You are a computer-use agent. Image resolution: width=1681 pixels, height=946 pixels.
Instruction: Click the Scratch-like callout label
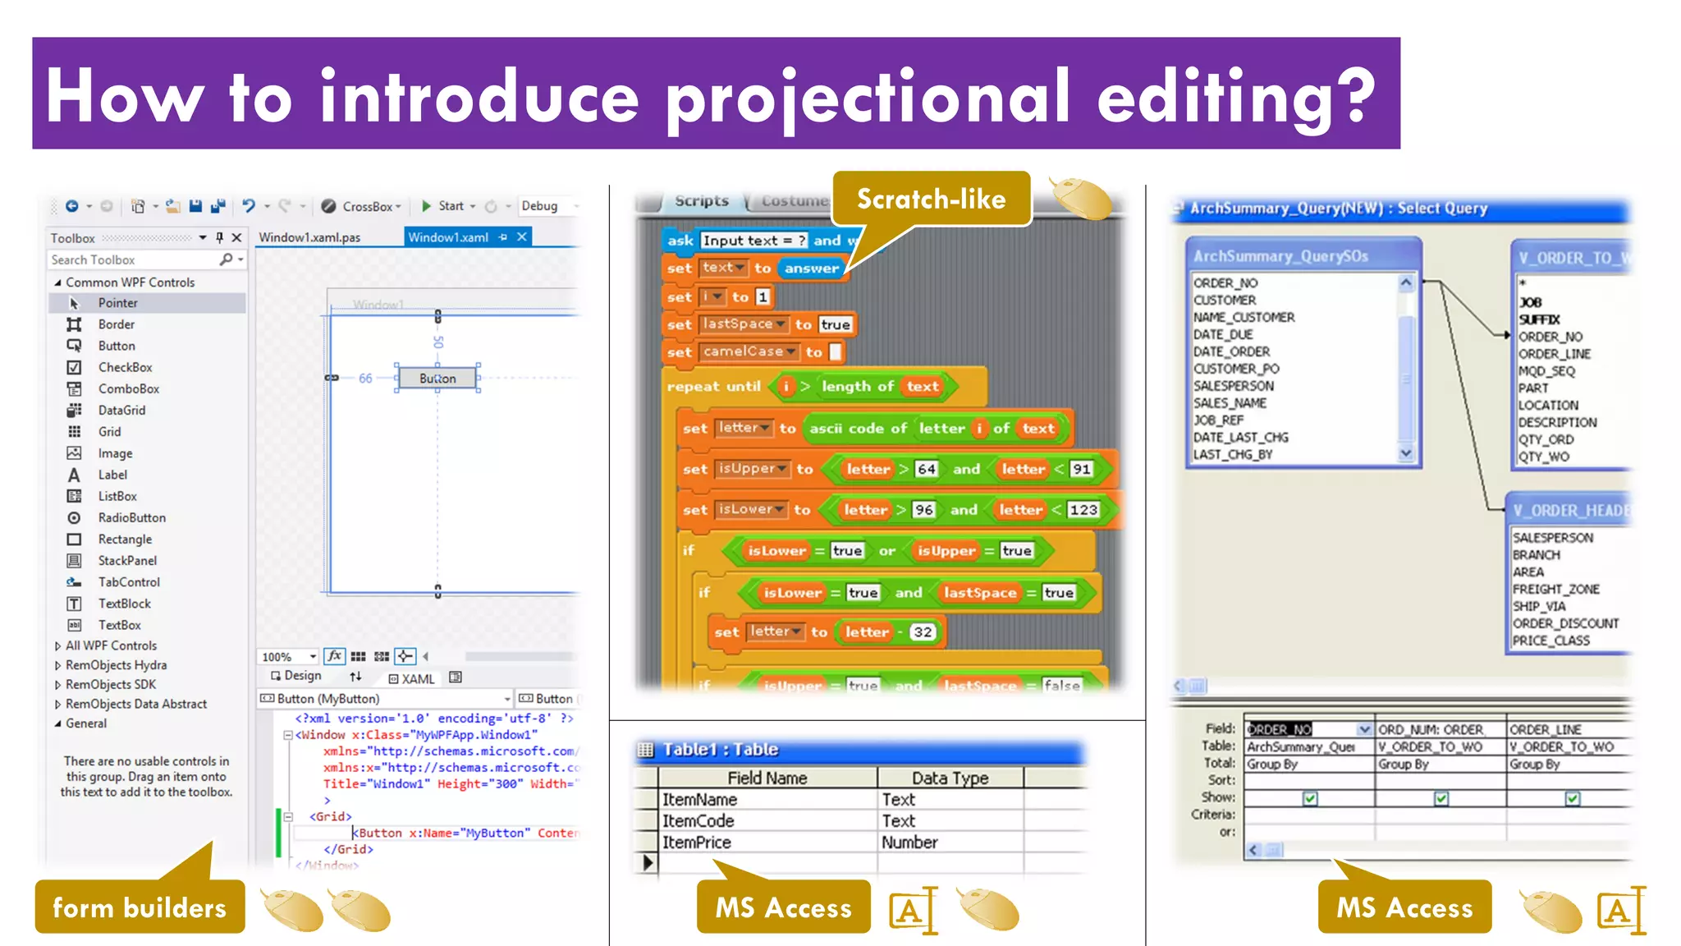click(931, 199)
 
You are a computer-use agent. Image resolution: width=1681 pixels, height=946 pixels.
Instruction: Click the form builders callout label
click(140, 907)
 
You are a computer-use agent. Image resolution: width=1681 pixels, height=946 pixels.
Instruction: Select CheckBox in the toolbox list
click(125, 367)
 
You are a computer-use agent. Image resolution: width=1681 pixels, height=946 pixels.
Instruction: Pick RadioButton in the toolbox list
click(131, 517)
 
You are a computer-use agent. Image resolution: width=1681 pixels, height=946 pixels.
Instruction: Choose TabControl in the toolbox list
click(129, 581)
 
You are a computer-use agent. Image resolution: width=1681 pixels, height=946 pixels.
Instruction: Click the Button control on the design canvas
click(437, 379)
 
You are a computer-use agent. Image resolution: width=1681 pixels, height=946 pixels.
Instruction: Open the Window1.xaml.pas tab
click(309, 237)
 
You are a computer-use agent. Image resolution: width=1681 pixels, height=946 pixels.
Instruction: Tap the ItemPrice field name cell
click(696, 842)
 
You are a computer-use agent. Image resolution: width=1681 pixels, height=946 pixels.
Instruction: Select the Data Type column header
click(950, 778)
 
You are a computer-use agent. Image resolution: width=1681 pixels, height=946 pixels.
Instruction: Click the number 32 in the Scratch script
click(923, 631)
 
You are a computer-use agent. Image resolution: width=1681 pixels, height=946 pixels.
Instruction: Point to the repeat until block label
click(713, 386)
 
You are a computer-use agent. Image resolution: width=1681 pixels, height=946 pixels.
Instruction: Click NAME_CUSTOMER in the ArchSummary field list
click(1244, 317)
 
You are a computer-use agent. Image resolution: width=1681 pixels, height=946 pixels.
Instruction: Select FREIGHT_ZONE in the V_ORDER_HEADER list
click(1555, 589)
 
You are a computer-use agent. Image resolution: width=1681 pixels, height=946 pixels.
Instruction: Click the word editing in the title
click(1235, 97)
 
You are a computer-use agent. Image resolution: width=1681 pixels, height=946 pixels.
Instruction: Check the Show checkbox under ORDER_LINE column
click(1572, 798)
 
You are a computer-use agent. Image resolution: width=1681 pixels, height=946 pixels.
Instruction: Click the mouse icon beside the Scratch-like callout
click(1082, 198)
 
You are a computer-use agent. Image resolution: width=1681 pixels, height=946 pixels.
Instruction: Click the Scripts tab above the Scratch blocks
click(702, 201)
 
